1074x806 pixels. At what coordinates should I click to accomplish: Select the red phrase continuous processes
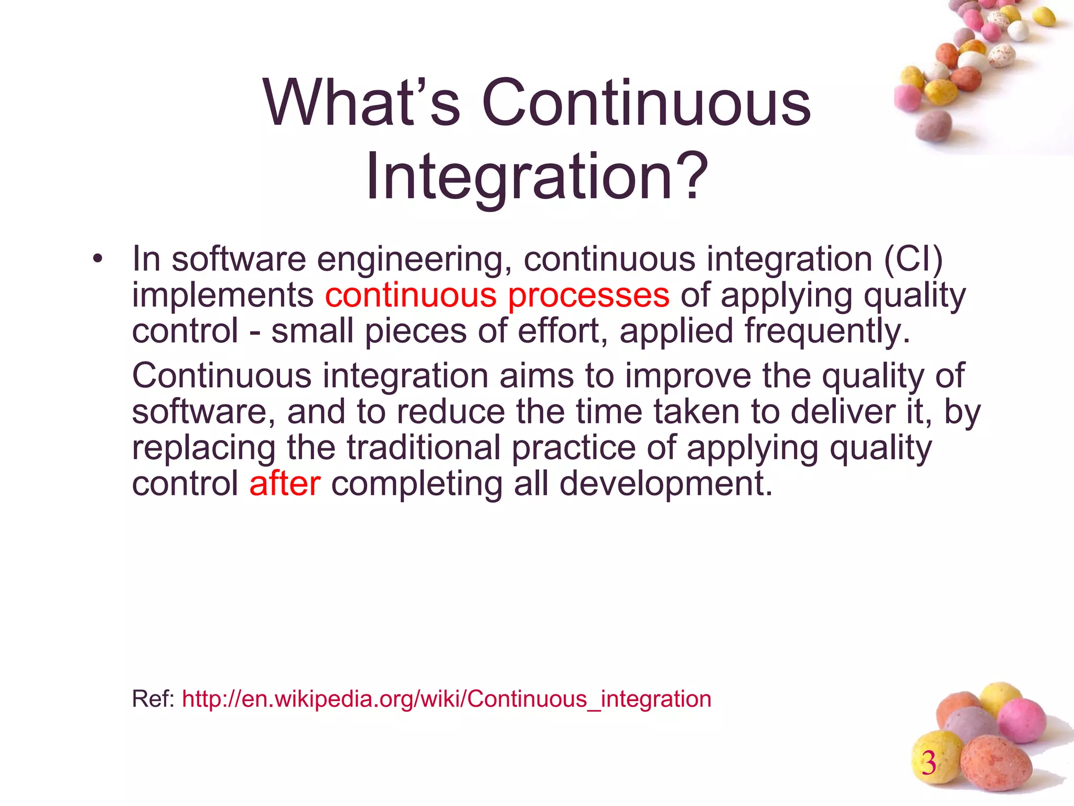[497, 295]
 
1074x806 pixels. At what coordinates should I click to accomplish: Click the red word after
[285, 483]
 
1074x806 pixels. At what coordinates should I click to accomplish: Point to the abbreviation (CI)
[914, 259]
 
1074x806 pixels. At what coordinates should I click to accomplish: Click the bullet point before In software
[96, 259]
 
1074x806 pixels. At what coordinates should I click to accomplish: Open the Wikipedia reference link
[446, 699]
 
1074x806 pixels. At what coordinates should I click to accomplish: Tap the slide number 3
[929, 762]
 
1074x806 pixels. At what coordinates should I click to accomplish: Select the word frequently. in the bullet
[827, 332]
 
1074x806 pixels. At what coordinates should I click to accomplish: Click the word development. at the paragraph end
[666, 483]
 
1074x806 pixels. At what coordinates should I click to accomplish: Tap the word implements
[222, 295]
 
